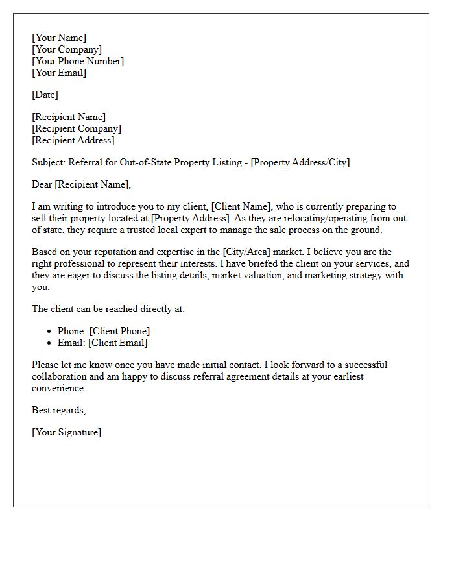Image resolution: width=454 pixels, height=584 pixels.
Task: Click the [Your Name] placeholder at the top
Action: tap(59, 38)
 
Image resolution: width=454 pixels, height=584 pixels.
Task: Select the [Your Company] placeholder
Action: tap(67, 50)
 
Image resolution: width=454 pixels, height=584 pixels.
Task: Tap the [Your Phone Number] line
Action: tap(78, 62)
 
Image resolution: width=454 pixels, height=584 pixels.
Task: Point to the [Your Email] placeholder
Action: tap(59, 73)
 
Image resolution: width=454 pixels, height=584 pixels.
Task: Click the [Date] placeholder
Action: tap(45, 95)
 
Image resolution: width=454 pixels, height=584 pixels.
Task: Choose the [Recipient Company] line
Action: tap(77, 129)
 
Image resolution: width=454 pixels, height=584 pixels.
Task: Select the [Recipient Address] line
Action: tap(73, 141)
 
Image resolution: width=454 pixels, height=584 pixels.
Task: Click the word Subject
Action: tap(47, 163)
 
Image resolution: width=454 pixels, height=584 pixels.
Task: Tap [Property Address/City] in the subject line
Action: tap(300, 163)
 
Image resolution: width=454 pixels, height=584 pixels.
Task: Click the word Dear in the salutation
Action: tap(42, 185)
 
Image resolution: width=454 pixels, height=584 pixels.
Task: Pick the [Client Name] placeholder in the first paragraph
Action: tap(240, 207)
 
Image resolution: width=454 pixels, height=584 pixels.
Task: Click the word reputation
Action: tap(108, 252)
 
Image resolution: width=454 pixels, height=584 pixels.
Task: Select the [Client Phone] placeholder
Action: tap(119, 332)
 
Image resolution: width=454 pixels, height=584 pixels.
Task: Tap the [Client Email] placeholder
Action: tap(118, 343)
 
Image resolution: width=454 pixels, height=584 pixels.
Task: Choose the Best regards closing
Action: tap(58, 411)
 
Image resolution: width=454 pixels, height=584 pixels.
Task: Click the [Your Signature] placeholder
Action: tap(66, 433)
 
